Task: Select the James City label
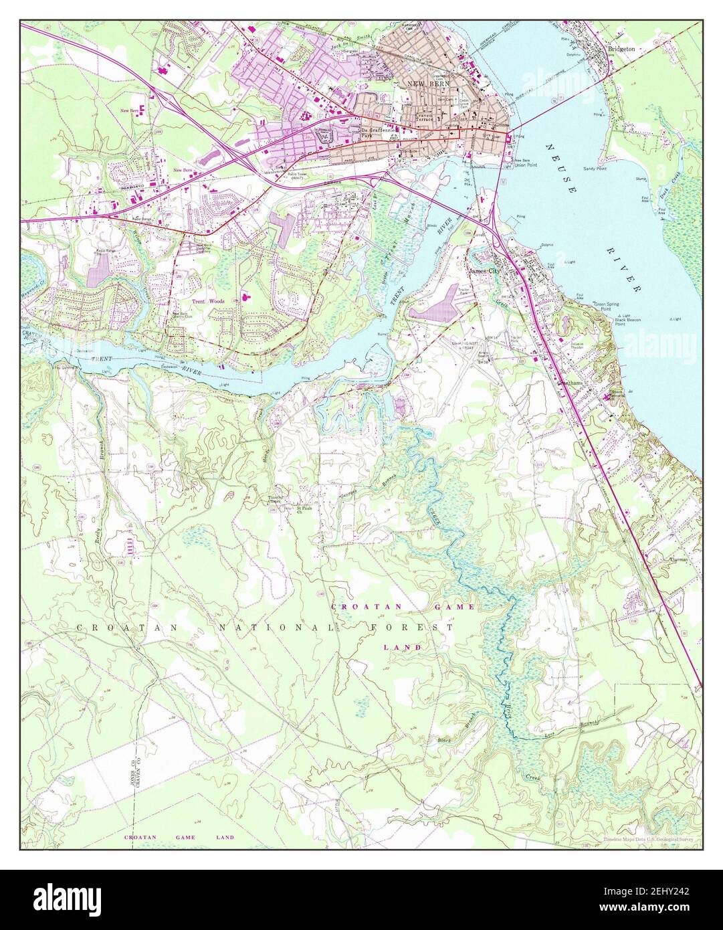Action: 484,271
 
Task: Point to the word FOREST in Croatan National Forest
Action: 411,628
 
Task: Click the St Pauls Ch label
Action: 306,510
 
